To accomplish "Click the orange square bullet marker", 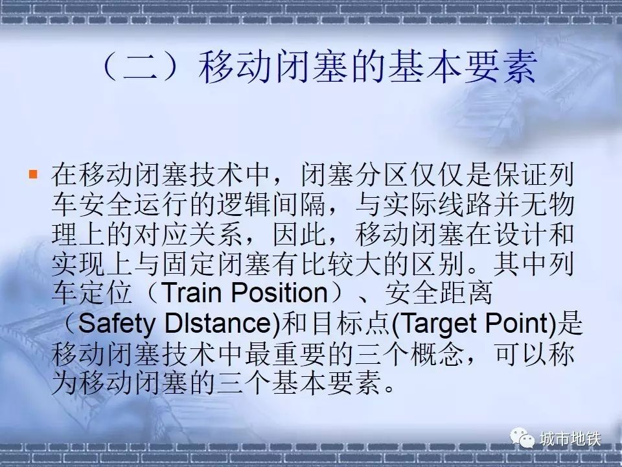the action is pyautogui.click(x=33, y=174).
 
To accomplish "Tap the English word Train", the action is pyautogui.click(x=191, y=293).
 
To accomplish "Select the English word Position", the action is pyautogui.click(x=280, y=293).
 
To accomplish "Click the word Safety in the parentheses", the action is pyautogui.click(x=116, y=324).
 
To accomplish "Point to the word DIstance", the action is pyautogui.click(x=218, y=323).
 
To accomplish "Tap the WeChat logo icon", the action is pyautogui.click(x=522, y=438).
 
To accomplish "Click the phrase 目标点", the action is pyautogui.click(x=352, y=323).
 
